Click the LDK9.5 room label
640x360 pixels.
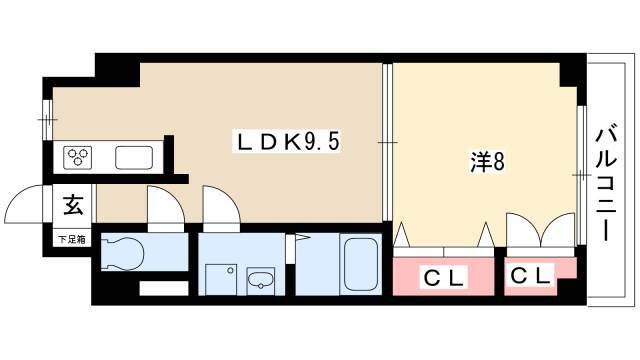(x=287, y=142)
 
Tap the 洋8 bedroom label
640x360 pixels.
(x=487, y=162)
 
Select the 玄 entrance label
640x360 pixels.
(x=73, y=205)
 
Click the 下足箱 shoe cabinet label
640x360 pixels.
(x=72, y=240)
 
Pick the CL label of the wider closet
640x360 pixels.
(x=444, y=279)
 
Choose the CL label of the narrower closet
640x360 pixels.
(x=530, y=276)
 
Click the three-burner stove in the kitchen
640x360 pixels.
(x=78, y=158)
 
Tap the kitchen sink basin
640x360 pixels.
(x=134, y=158)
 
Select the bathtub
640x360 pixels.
(x=360, y=264)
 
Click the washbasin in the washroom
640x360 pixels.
(x=260, y=280)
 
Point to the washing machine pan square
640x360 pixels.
(x=221, y=280)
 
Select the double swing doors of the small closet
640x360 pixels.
(x=540, y=230)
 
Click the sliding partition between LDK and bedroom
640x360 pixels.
(x=387, y=142)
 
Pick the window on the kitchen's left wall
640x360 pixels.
(x=48, y=120)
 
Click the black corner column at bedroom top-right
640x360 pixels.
(x=573, y=70)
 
